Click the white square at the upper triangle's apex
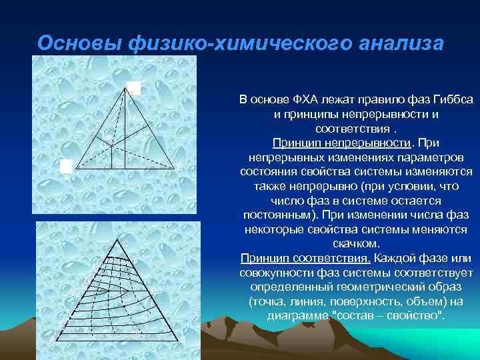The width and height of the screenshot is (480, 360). (x=134, y=88)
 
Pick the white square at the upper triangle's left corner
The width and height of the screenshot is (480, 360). (x=65, y=166)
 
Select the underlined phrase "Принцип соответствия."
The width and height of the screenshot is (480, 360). (x=306, y=258)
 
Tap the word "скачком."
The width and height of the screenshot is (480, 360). (x=356, y=243)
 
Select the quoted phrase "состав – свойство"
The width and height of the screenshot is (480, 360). (x=387, y=315)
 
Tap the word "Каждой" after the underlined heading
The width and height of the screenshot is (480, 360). (x=396, y=258)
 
